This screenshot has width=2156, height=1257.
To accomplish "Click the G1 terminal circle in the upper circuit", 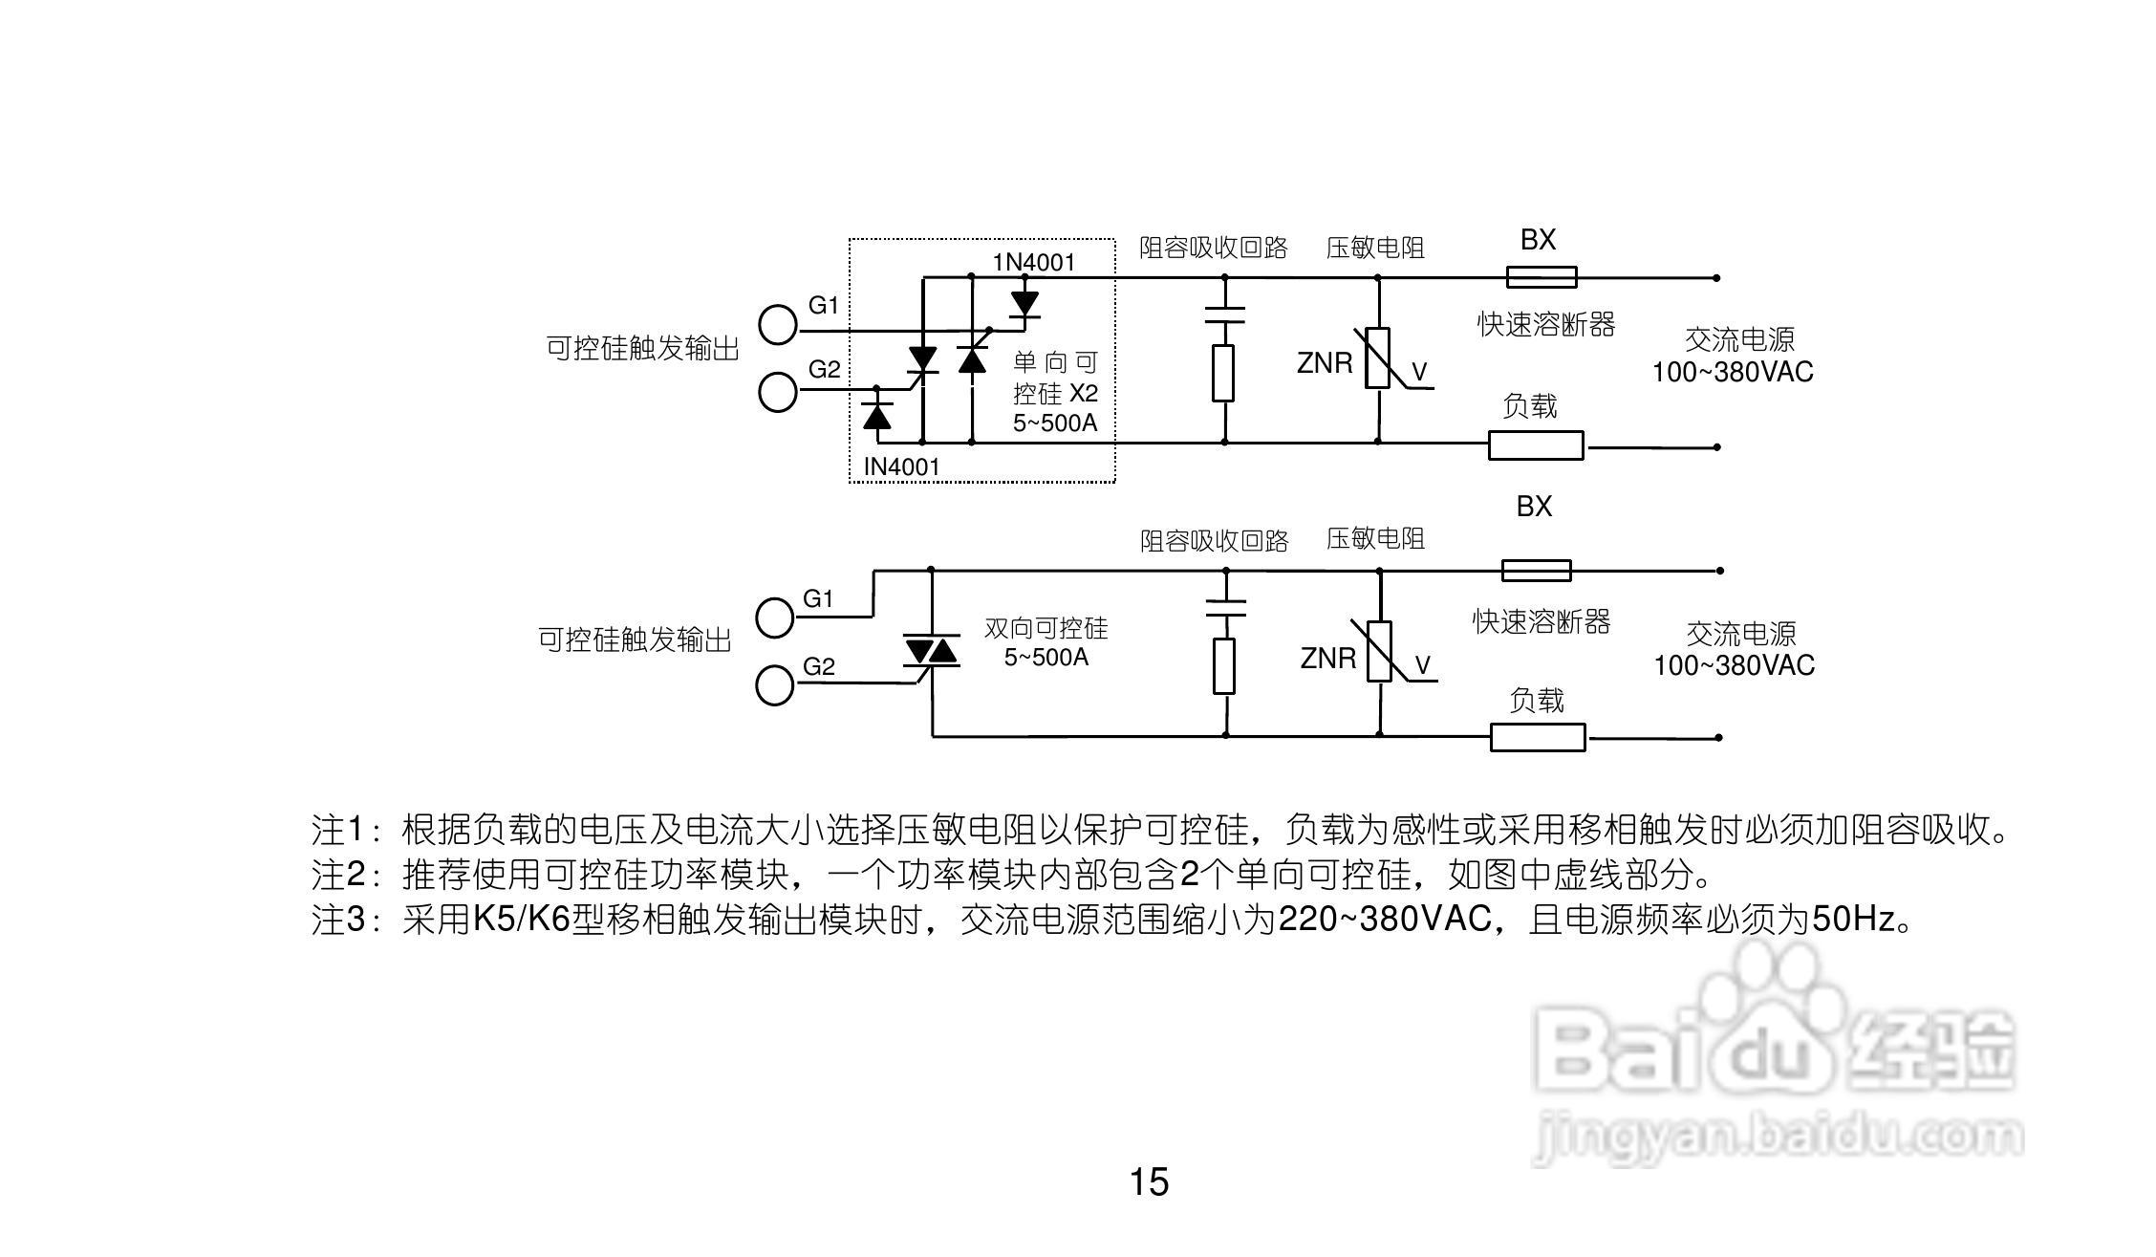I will pos(778,325).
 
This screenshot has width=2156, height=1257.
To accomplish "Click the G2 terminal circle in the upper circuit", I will pos(778,392).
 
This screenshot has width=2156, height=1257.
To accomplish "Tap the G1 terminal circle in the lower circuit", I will pos(775,618).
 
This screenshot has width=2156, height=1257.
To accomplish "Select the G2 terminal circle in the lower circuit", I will pos(774,685).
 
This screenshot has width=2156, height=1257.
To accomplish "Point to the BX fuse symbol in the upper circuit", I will pos(1541,277).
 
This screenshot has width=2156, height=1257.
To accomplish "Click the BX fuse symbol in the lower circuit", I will pos(1536,571).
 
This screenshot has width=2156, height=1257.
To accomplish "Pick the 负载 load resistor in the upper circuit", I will pos(1535,445).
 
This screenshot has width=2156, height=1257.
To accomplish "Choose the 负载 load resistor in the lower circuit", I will pos(1538,737).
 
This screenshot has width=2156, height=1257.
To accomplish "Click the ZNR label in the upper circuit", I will pos(1325,363).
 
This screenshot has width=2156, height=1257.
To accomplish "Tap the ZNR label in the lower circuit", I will pos(1327,659).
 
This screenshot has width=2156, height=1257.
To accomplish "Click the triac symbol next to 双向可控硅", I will pos(931,652).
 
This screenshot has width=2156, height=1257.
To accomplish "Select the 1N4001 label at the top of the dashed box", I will pos(1033,262).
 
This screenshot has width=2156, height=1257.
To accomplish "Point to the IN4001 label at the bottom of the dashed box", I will pos(901,466).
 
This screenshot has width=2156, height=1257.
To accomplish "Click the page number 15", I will pos(1149,1182).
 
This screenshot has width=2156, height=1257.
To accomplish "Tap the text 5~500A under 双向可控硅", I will pos(1046,658).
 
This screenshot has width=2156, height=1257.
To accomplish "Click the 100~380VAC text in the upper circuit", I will pos(1733,372).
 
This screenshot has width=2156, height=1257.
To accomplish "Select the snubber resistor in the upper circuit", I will pos(1223,373).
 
